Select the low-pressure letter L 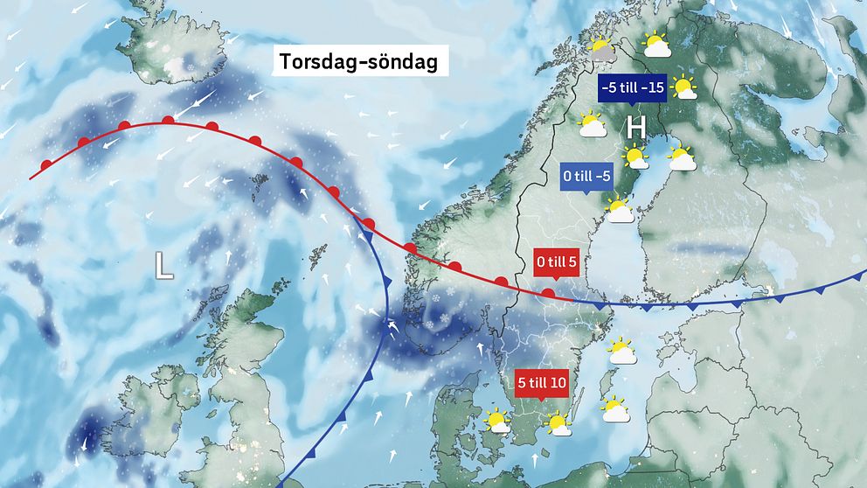pyautogui.click(x=163, y=265)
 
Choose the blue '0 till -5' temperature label pyautogui.click(x=586, y=177)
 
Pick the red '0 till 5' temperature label pyautogui.click(x=555, y=260)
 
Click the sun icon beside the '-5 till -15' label pyautogui.click(x=684, y=87)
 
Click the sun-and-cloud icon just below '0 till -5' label pyautogui.click(x=620, y=210)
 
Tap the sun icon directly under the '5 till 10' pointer pyautogui.click(x=557, y=425)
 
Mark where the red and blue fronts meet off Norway pyautogui.click(x=359, y=219)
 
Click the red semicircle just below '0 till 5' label pyautogui.click(x=547, y=294)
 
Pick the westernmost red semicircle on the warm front pyautogui.click(x=45, y=164)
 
